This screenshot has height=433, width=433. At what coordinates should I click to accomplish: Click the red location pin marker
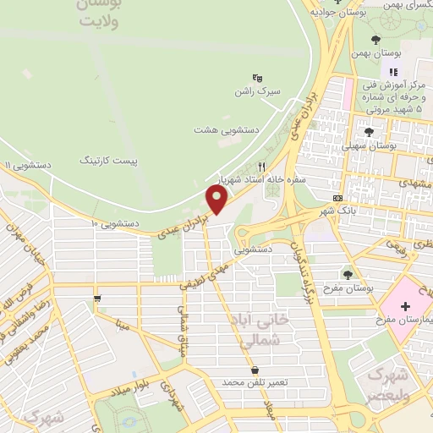pos(217,200)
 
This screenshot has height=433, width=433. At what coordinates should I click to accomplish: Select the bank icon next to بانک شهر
pos(338,198)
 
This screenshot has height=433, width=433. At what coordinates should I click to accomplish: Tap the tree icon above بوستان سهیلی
pos(368,131)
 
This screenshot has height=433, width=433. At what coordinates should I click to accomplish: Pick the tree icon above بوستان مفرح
pos(348,273)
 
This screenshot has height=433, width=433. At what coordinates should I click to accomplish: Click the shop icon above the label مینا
pos(99,298)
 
